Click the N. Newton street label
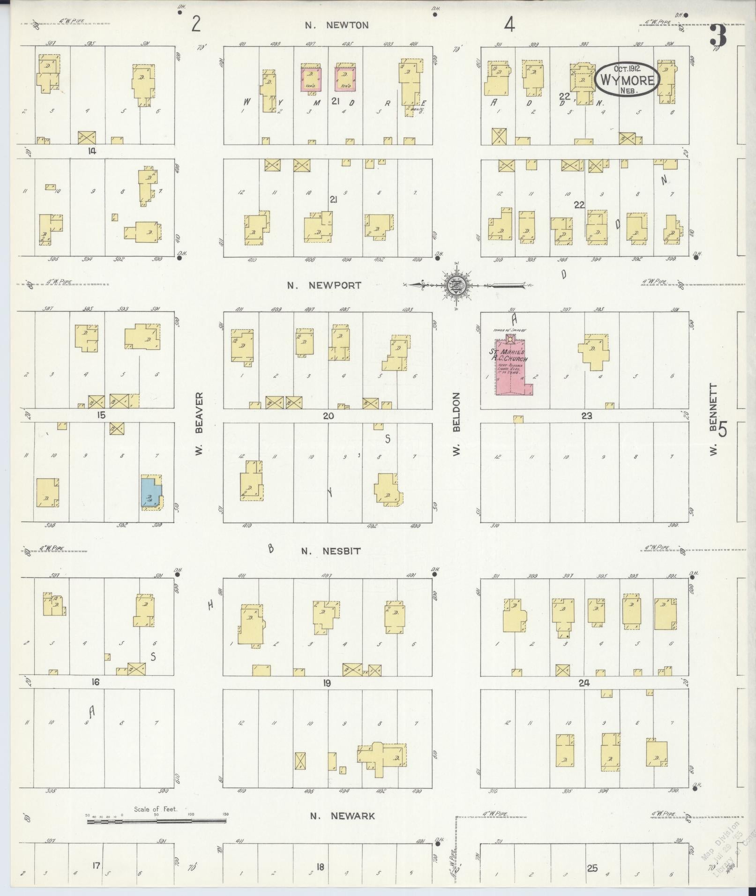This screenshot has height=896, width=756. pyautogui.click(x=337, y=26)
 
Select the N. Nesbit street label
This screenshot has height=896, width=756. pyautogui.click(x=331, y=551)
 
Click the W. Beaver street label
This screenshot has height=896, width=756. pyautogui.click(x=199, y=424)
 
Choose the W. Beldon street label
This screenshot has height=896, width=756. pyautogui.click(x=457, y=424)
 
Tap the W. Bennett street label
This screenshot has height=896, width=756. pyautogui.click(x=714, y=420)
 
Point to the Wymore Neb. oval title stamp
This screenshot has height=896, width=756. pyautogui.click(x=628, y=80)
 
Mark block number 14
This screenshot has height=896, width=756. pyautogui.click(x=91, y=151)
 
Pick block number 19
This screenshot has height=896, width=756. pyautogui.click(x=327, y=683)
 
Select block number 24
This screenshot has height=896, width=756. pyautogui.click(x=584, y=683)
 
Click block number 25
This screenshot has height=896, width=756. pyautogui.click(x=592, y=868)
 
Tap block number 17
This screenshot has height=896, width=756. pyautogui.click(x=96, y=866)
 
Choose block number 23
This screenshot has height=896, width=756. pyautogui.click(x=586, y=415)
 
